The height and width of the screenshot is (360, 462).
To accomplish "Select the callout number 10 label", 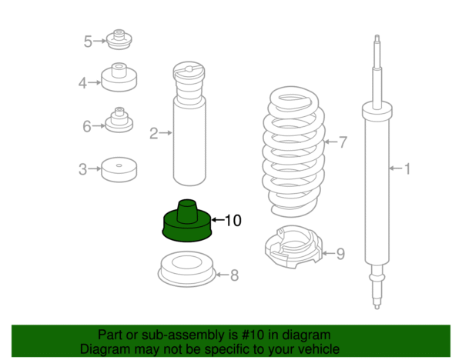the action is [x=233, y=221].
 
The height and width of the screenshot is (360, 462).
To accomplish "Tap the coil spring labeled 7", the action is [x=294, y=152].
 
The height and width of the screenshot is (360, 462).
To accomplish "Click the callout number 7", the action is [x=343, y=142].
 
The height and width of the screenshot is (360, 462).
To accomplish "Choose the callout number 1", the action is [x=407, y=169].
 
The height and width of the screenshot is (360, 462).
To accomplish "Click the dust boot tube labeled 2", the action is [x=189, y=124].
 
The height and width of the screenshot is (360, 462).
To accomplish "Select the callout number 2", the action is [x=154, y=133].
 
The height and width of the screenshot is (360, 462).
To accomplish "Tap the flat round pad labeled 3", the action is [x=119, y=169].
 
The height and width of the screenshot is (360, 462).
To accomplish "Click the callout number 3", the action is [x=83, y=169].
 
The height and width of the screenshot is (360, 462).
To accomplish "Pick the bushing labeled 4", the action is [x=119, y=77].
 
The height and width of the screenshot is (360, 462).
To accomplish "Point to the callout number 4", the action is [x=82, y=83].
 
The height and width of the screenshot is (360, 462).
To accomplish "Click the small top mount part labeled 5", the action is [x=119, y=39].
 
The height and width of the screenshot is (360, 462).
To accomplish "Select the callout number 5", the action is [x=88, y=42].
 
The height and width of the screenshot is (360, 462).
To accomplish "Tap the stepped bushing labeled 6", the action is [x=119, y=120].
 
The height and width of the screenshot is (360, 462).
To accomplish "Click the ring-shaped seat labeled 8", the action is [x=187, y=269].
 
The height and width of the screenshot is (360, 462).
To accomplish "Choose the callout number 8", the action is [x=235, y=275].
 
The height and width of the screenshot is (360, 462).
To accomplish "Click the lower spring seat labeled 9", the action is [x=294, y=247].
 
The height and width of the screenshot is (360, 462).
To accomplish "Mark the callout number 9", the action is [x=340, y=254].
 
